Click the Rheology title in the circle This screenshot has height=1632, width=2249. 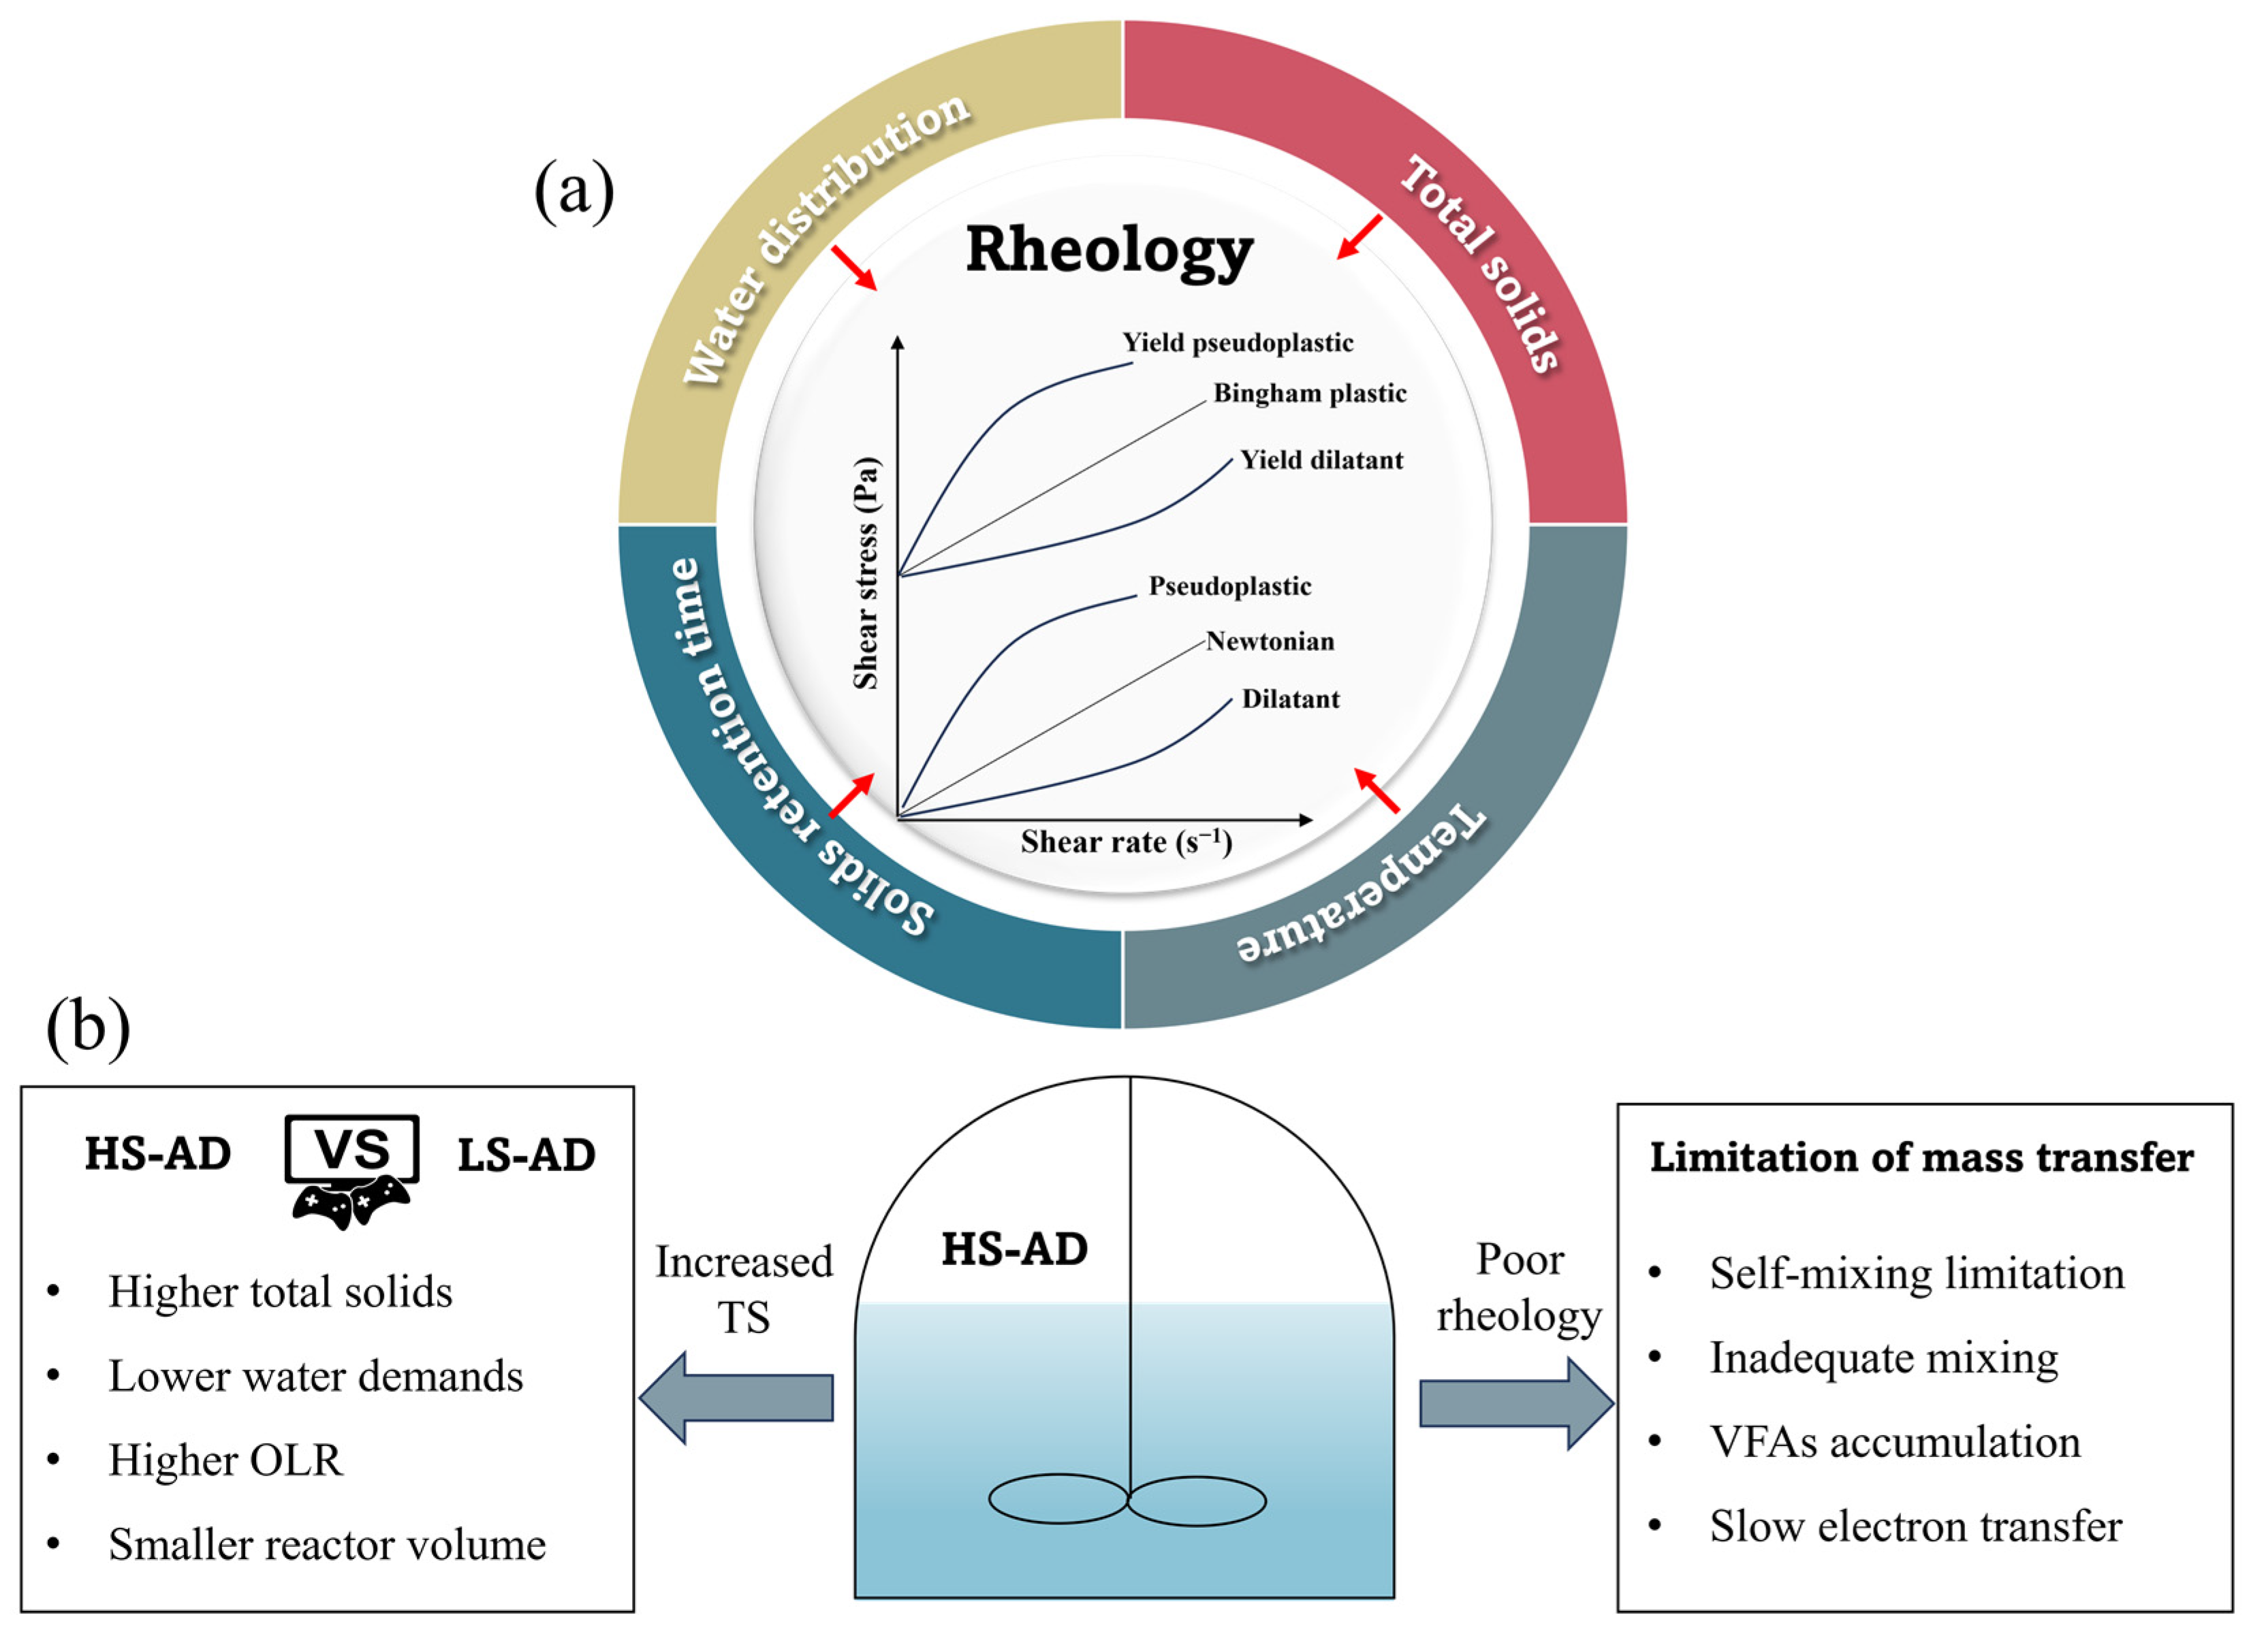pos(1109,250)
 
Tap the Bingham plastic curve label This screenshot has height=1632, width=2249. pos(1309,394)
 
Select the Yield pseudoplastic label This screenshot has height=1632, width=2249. pos(1237,343)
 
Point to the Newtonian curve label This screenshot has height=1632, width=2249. pos(1270,641)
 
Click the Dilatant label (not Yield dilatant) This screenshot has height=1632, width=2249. pos(1289,699)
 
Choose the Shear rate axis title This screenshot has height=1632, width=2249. pos(1125,842)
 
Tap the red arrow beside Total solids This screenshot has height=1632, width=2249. pos(1359,237)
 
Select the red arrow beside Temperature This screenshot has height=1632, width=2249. pos(1377,790)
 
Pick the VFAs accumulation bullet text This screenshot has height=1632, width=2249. pos(1894,1441)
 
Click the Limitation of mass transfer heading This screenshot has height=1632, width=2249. pos(1921,1157)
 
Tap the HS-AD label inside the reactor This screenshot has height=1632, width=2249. pos(1013,1248)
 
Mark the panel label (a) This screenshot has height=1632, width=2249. pos(573,191)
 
